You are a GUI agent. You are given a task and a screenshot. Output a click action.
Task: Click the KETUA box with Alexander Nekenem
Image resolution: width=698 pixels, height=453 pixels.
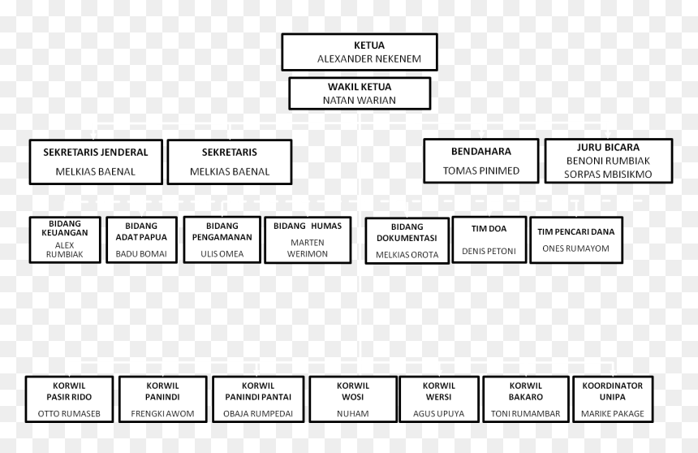click(x=360, y=52)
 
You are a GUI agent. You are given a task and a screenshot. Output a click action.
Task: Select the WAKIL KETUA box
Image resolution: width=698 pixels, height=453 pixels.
click(x=360, y=93)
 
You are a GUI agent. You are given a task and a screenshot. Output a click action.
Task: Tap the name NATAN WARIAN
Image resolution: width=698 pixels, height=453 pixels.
click(x=360, y=100)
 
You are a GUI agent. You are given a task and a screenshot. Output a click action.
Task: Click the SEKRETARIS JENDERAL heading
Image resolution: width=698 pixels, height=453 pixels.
click(x=96, y=153)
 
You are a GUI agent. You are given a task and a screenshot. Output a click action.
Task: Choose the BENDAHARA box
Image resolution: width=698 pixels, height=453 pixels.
click(x=481, y=161)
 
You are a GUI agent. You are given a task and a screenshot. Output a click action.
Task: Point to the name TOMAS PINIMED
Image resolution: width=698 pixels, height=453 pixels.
click(x=481, y=170)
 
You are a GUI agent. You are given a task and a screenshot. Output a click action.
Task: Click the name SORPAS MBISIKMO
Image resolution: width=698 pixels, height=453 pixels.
click(x=608, y=175)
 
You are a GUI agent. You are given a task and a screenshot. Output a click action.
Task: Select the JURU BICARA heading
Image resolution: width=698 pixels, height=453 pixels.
click(x=608, y=148)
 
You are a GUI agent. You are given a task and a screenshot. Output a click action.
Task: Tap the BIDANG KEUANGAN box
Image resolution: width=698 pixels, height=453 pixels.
click(x=65, y=240)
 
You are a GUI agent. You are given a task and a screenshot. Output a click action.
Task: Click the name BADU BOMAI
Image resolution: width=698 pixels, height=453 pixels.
click(x=141, y=254)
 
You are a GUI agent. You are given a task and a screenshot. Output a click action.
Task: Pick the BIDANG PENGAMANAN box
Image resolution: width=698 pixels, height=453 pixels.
click(x=222, y=239)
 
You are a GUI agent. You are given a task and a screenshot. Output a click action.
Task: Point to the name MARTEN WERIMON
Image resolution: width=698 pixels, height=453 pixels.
click(x=308, y=248)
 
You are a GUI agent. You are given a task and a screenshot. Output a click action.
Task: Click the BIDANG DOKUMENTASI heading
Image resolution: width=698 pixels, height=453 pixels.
click(x=407, y=232)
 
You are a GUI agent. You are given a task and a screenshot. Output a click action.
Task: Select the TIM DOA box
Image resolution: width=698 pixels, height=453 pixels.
click(x=489, y=239)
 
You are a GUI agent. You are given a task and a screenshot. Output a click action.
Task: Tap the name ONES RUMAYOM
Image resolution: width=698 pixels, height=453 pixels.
click(x=575, y=248)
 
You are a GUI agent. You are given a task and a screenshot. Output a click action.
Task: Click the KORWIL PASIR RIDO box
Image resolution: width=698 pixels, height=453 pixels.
click(x=70, y=399)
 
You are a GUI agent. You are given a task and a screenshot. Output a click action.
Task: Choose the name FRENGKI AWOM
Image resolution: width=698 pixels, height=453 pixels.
click(x=162, y=414)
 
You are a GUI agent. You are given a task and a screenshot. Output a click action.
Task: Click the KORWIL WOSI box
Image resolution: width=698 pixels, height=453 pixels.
click(x=353, y=399)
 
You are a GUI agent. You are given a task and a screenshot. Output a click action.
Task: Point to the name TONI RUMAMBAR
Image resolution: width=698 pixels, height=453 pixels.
click(x=526, y=414)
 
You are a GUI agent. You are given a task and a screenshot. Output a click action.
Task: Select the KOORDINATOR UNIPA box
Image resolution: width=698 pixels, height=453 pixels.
click(x=613, y=399)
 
